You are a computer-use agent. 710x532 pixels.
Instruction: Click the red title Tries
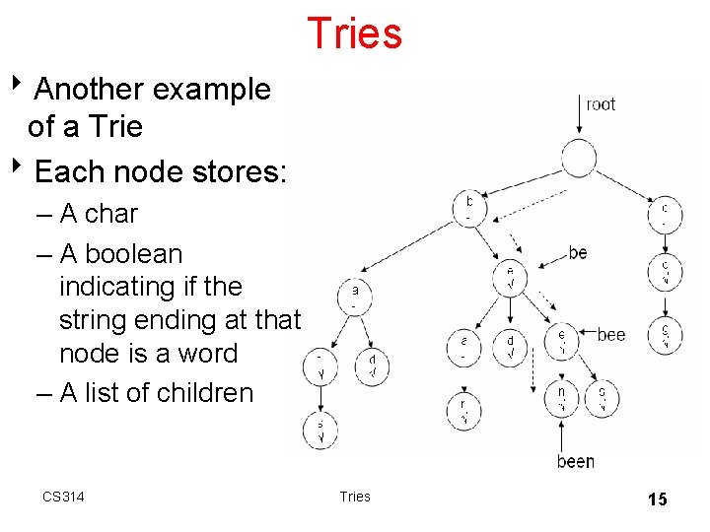[x=354, y=33]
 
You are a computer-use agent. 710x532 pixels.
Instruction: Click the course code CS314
[x=63, y=497]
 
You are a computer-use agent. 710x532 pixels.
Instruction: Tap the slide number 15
[x=657, y=499]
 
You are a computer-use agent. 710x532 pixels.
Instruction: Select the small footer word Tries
[x=354, y=497]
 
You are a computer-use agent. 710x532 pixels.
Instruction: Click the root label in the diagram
[x=600, y=104]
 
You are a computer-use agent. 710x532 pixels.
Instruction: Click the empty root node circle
[x=579, y=158]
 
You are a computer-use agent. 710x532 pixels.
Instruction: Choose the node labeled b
[x=469, y=207]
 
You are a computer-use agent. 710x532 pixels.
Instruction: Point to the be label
[x=578, y=253]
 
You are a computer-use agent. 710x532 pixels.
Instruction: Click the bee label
[x=610, y=335]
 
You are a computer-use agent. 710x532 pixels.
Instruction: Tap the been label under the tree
[x=575, y=461]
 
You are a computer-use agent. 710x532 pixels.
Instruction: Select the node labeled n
[x=560, y=398]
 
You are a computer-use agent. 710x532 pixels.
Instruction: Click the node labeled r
[x=461, y=409]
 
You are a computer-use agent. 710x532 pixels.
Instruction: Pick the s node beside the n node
[x=602, y=398]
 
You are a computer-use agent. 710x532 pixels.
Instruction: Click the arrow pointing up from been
[x=560, y=434]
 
